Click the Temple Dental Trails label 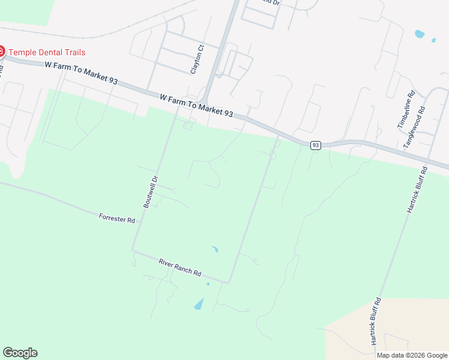[x=47, y=52]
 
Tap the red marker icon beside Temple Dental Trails [x=1, y=52]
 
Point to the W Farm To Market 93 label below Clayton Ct [x=196, y=105]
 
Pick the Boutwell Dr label [x=150, y=192]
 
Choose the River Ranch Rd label [x=180, y=267]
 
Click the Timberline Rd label [x=406, y=110]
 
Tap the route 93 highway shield [x=316, y=145]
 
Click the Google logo [x=20, y=352]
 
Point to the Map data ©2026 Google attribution [x=412, y=355]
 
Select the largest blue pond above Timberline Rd [x=419, y=34]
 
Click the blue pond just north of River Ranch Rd [x=214, y=249]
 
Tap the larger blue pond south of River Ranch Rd [x=199, y=304]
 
